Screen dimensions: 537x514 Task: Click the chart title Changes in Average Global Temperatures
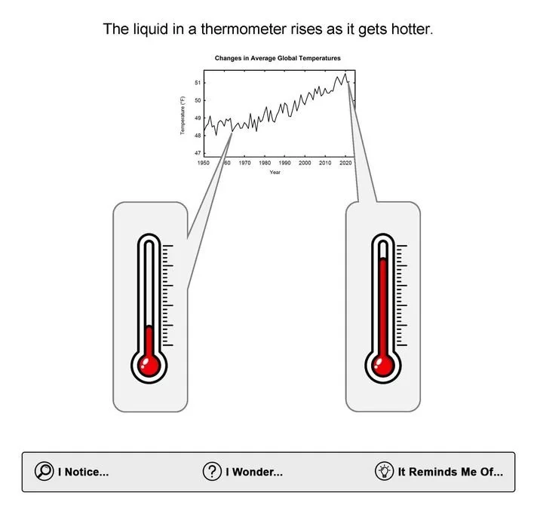(278, 58)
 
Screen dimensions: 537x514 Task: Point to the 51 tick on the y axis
(198, 83)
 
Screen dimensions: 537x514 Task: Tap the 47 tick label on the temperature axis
(198, 153)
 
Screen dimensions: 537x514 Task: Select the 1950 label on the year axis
(204, 163)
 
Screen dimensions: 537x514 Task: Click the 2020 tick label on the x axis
(345, 163)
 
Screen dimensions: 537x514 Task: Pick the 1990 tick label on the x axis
(285, 163)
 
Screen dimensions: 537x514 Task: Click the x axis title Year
(275, 173)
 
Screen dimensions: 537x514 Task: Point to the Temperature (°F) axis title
(183, 115)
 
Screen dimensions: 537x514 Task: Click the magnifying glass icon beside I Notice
(44, 472)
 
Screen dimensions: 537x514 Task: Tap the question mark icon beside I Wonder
(212, 472)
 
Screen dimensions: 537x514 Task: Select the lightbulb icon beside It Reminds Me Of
(385, 472)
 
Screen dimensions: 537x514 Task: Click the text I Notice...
(83, 473)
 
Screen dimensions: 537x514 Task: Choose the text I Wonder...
(254, 473)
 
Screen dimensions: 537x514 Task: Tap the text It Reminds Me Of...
(450, 473)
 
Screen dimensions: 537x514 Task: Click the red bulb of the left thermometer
(149, 366)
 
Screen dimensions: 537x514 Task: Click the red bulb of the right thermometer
(383, 366)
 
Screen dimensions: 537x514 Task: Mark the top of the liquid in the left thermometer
(149, 328)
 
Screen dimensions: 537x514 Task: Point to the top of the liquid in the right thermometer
(383, 260)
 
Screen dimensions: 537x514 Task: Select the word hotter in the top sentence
(410, 30)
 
